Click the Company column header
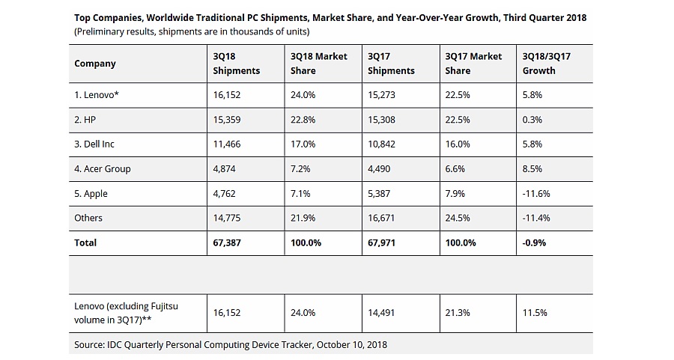coord(95,64)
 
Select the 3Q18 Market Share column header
coord(318,63)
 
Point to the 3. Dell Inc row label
coord(94,144)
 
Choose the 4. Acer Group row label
coord(103,169)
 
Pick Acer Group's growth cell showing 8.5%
coord(532,169)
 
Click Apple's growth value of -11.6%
coord(536,194)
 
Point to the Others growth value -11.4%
coord(536,218)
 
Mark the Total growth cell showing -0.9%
coord(534,242)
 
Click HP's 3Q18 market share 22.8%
coord(303,120)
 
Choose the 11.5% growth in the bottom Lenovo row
coord(535,313)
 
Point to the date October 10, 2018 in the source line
coord(351,345)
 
